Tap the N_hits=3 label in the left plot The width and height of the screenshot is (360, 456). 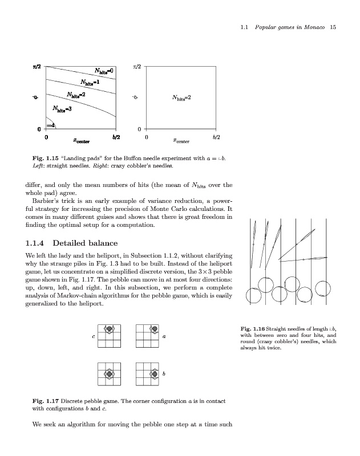click(x=62, y=108)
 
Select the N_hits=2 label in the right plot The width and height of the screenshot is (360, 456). click(x=181, y=97)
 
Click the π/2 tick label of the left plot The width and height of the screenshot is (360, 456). click(x=36, y=67)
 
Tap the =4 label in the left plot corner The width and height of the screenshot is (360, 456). click(x=50, y=125)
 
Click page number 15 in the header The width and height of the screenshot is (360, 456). click(x=333, y=27)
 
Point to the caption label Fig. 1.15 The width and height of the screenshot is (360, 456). click(x=44, y=158)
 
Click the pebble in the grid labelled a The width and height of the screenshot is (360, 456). click(x=153, y=329)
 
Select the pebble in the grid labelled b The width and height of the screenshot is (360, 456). click(x=153, y=374)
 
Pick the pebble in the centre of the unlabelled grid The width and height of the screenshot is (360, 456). click(x=109, y=374)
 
